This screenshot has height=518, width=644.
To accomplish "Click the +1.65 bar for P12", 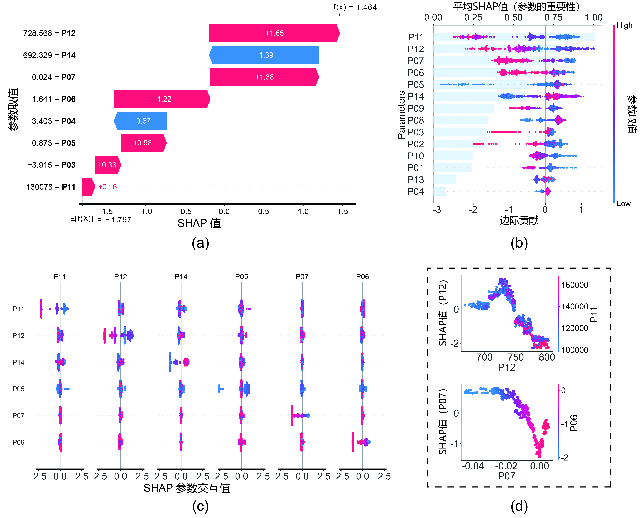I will coord(274,33).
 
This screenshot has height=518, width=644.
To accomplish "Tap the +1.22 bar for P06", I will coord(162,99).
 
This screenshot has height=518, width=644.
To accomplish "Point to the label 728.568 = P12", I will coord(49,33).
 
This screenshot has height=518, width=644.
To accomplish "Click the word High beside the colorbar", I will coord(624,25).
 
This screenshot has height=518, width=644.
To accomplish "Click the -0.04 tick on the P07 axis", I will coord(473,466).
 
